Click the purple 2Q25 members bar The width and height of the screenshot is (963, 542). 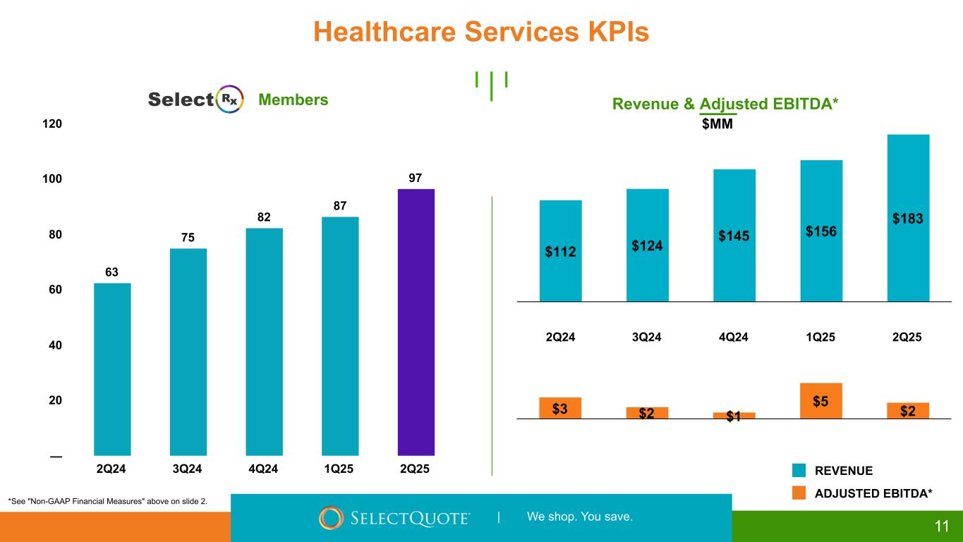(x=416, y=322)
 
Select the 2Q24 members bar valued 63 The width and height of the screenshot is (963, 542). (x=112, y=369)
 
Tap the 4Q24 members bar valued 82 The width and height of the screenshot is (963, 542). (x=264, y=342)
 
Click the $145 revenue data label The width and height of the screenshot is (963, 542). (x=734, y=236)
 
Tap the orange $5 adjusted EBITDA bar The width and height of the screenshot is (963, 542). (x=821, y=400)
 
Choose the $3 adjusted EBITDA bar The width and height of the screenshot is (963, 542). (x=560, y=408)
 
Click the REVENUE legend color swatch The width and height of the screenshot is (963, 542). (x=799, y=471)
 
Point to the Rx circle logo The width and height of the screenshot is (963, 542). (x=230, y=100)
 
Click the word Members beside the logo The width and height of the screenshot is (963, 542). (x=293, y=100)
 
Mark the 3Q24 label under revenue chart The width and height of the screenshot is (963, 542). (x=647, y=337)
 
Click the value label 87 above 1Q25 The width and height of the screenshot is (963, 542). (x=339, y=205)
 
